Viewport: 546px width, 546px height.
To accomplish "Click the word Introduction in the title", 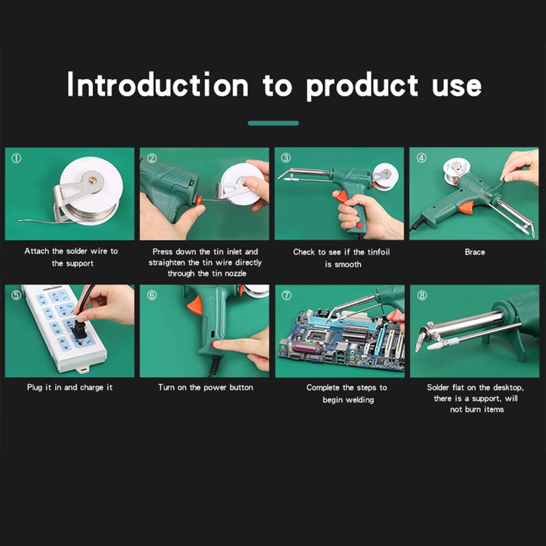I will tap(158, 86).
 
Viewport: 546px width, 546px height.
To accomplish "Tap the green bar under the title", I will tap(273, 123).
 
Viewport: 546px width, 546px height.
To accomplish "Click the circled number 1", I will tap(17, 158).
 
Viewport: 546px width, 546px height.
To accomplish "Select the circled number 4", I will tap(422, 158).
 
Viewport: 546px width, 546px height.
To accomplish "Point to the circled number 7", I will tap(287, 295).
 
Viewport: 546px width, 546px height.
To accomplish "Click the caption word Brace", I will tap(474, 252).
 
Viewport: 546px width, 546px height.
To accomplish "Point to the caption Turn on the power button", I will tap(206, 387).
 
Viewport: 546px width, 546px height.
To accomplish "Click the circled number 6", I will tap(152, 295).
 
